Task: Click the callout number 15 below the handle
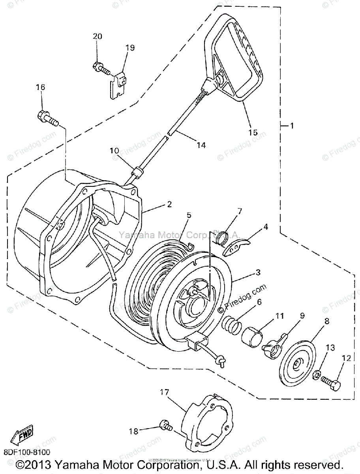click(x=253, y=133)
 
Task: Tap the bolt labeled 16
click(x=47, y=117)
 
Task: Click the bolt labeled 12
click(x=332, y=382)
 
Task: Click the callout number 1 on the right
click(x=291, y=126)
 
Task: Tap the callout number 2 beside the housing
click(x=169, y=204)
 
